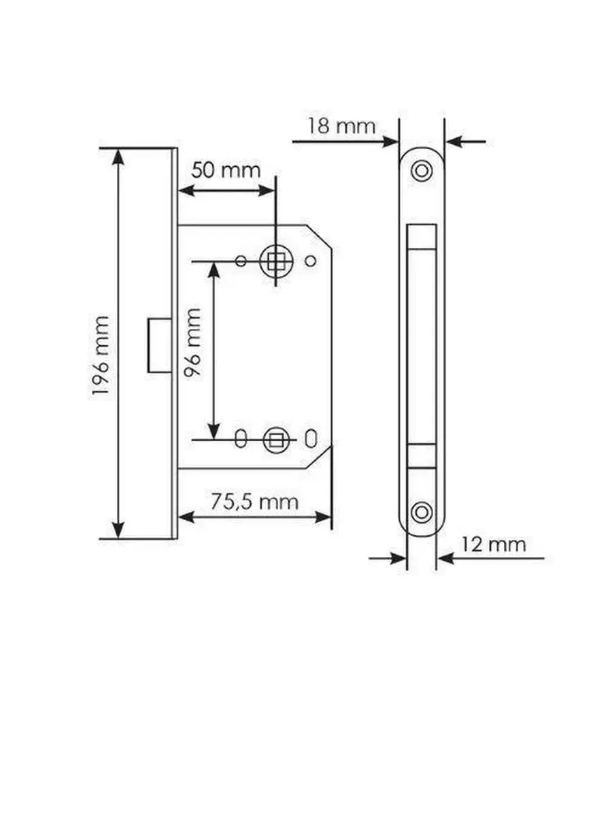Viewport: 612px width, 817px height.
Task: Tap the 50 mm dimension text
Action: click(x=226, y=170)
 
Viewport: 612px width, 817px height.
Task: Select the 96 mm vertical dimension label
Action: click(x=193, y=342)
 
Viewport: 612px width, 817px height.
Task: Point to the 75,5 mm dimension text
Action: click(x=254, y=502)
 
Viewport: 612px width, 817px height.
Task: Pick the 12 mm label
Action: click(x=494, y=545)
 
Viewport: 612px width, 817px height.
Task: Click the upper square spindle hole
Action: click(x=275, y=261)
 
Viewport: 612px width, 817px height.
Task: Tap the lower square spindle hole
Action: click(x=276, y=440)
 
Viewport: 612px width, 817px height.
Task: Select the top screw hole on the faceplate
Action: click(x=422, y=171)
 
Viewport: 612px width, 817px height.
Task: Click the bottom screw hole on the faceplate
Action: click(x=422, y=512)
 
